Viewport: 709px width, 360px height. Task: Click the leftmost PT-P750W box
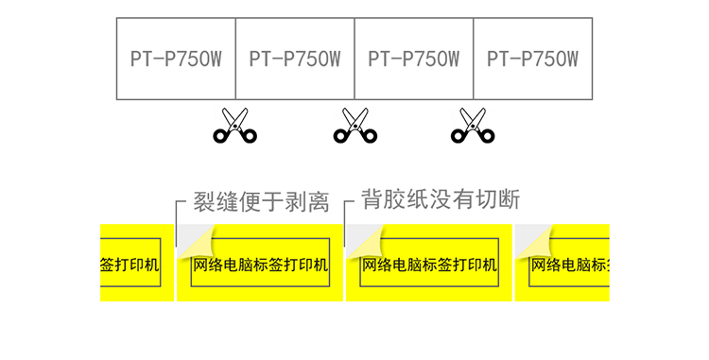coord(176,59)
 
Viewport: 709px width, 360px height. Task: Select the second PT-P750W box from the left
coord(295,59)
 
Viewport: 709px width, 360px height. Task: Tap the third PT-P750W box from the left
coord(414,59)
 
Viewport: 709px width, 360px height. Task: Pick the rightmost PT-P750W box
coord(532,59)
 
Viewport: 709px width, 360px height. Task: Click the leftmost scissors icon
coord(235,126)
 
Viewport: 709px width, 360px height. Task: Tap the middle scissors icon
coord(354,126)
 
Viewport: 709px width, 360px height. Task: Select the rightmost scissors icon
coord(473,126)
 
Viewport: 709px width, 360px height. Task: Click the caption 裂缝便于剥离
coord(261,201)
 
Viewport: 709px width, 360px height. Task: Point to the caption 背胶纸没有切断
coord(441,199)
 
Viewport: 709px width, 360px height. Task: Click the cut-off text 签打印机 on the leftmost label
coord(130,265)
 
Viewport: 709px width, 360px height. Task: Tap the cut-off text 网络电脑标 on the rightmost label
coord(570,265)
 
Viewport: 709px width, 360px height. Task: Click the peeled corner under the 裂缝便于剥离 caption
coord(197,244)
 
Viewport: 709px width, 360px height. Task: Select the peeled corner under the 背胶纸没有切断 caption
coord(366,244)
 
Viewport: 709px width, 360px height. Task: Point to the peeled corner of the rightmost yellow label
coord(535,244)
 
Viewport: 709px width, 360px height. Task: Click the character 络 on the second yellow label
coord(216,265)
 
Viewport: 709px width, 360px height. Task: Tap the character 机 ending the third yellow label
coord(490,265)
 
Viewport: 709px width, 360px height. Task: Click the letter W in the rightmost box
coord(571,60)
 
